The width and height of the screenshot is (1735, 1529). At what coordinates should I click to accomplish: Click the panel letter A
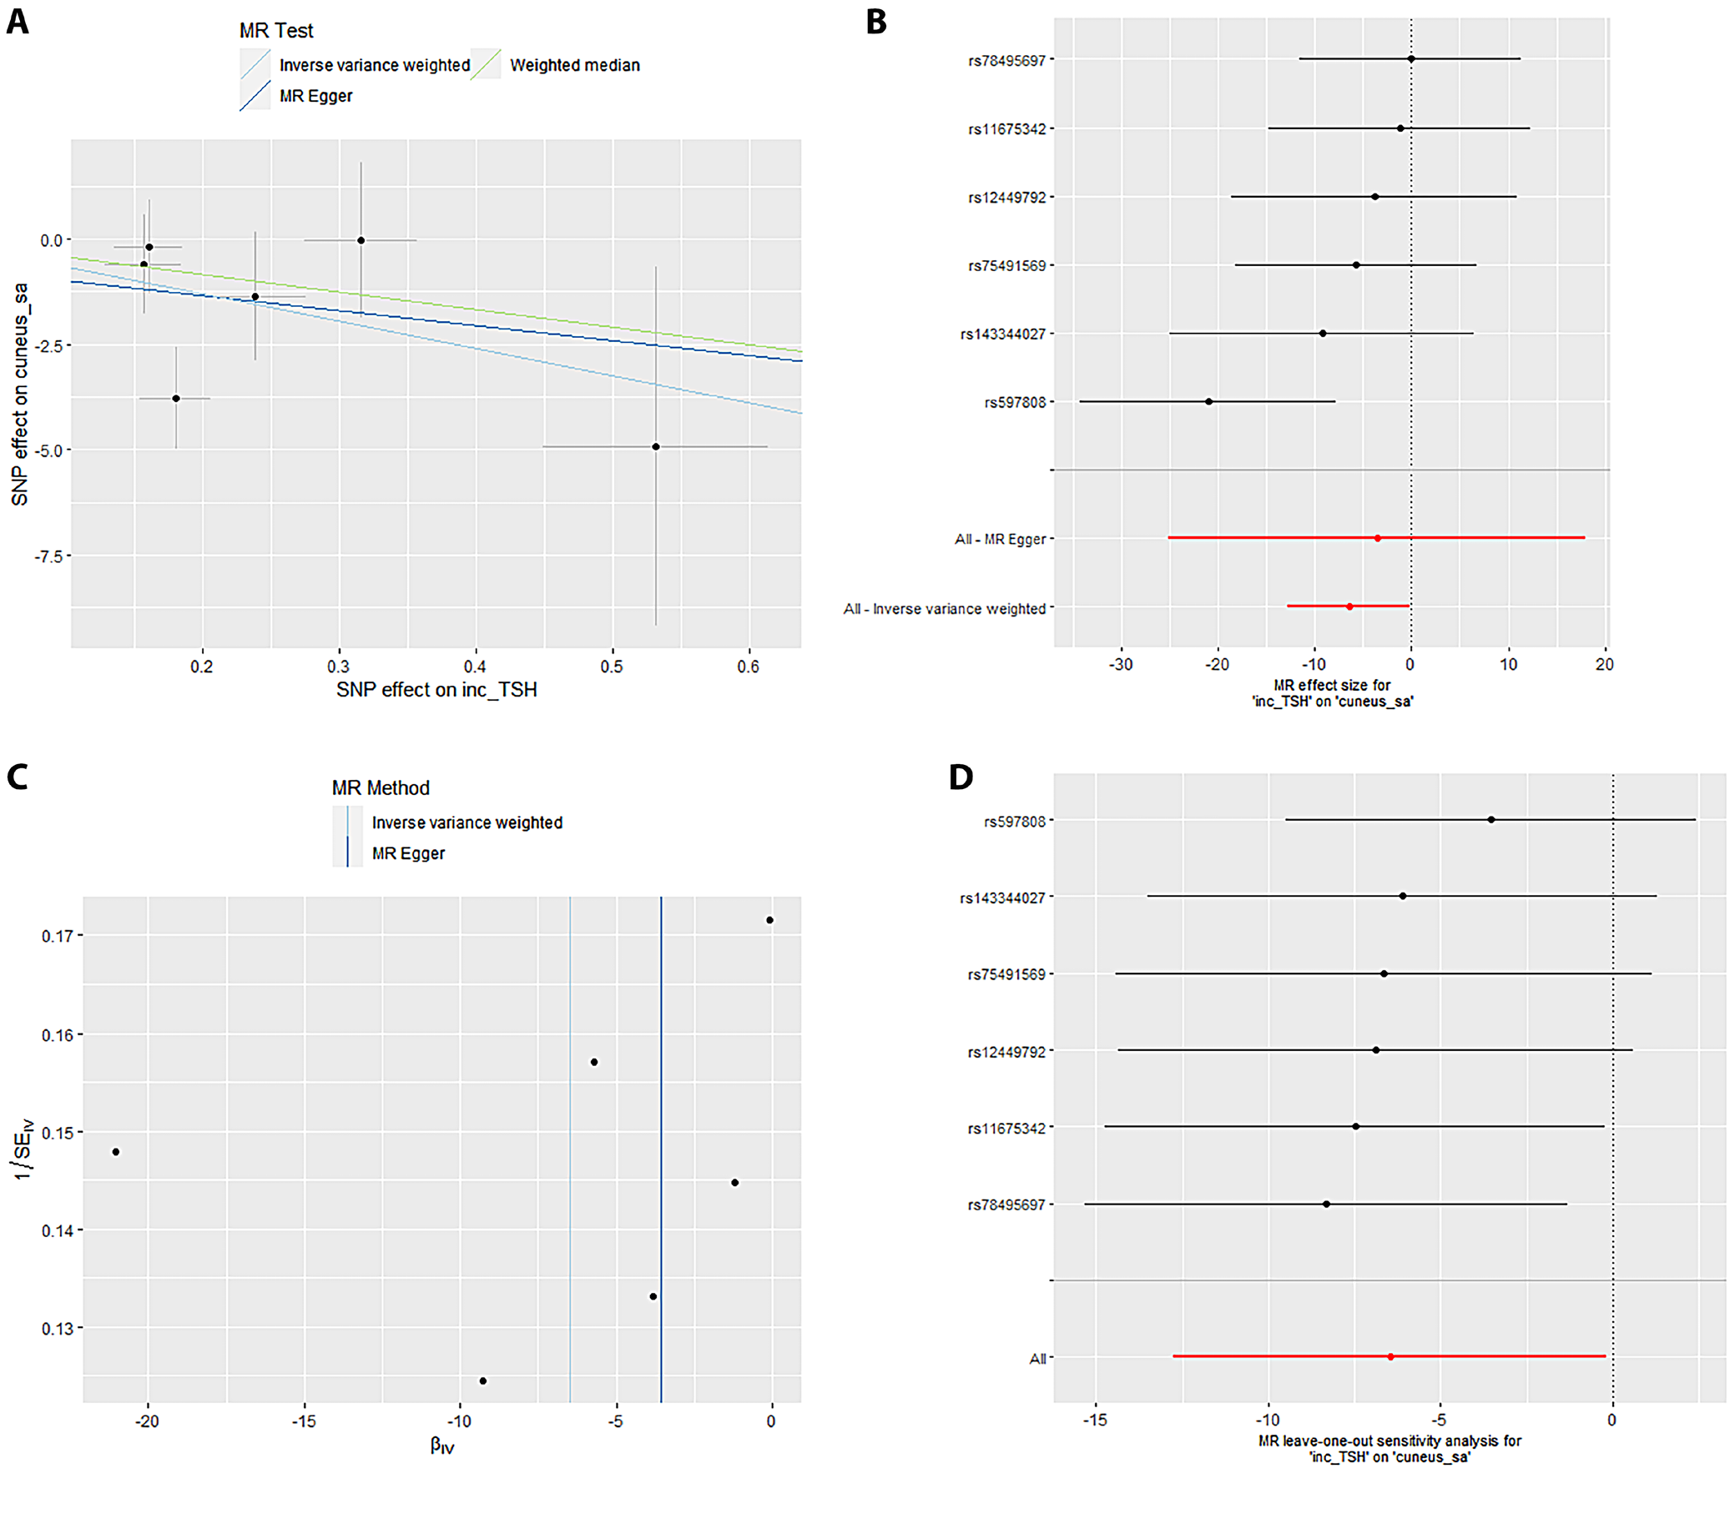(x=18, y=22)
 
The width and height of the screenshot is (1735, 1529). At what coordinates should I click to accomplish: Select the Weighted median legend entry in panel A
(x=574, y=65)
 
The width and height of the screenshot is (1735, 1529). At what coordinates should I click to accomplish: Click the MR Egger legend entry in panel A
(x=315, y=96)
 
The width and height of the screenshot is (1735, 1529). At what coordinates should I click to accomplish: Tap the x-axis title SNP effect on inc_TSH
(x=436, y=690)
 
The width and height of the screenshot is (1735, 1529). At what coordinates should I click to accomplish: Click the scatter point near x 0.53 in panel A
(x=655, y=447)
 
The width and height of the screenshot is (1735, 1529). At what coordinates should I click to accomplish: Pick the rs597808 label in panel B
(x=1014, y=403)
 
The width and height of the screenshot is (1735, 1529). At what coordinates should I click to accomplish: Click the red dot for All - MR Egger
(x=1377, y=539)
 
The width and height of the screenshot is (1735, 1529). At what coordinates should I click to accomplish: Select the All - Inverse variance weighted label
(x=944, y=609)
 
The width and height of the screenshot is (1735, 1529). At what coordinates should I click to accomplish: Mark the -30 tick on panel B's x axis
(x=1121, y=665)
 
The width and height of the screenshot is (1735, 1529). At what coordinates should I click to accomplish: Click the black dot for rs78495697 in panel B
(x=1410, y=59)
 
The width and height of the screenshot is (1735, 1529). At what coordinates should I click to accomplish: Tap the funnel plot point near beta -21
(x=116, y=1152)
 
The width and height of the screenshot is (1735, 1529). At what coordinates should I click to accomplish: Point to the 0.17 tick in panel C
(x=57, y=936)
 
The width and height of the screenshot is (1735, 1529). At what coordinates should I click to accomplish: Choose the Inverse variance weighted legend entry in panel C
(x=467, y=823)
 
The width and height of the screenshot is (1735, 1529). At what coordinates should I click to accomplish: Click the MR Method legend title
(x=381, y=788)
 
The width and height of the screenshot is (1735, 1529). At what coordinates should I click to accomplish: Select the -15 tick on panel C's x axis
(x=304, y=1421)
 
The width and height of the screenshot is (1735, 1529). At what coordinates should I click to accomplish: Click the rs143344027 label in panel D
(x=1002, y=898)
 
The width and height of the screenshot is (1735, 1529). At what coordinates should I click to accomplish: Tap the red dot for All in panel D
(x=1390, y=1358)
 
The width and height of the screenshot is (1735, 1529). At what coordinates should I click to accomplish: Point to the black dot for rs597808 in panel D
(x=1490, y=820)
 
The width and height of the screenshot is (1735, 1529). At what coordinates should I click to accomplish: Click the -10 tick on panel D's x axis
(x=1268, y=1421)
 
